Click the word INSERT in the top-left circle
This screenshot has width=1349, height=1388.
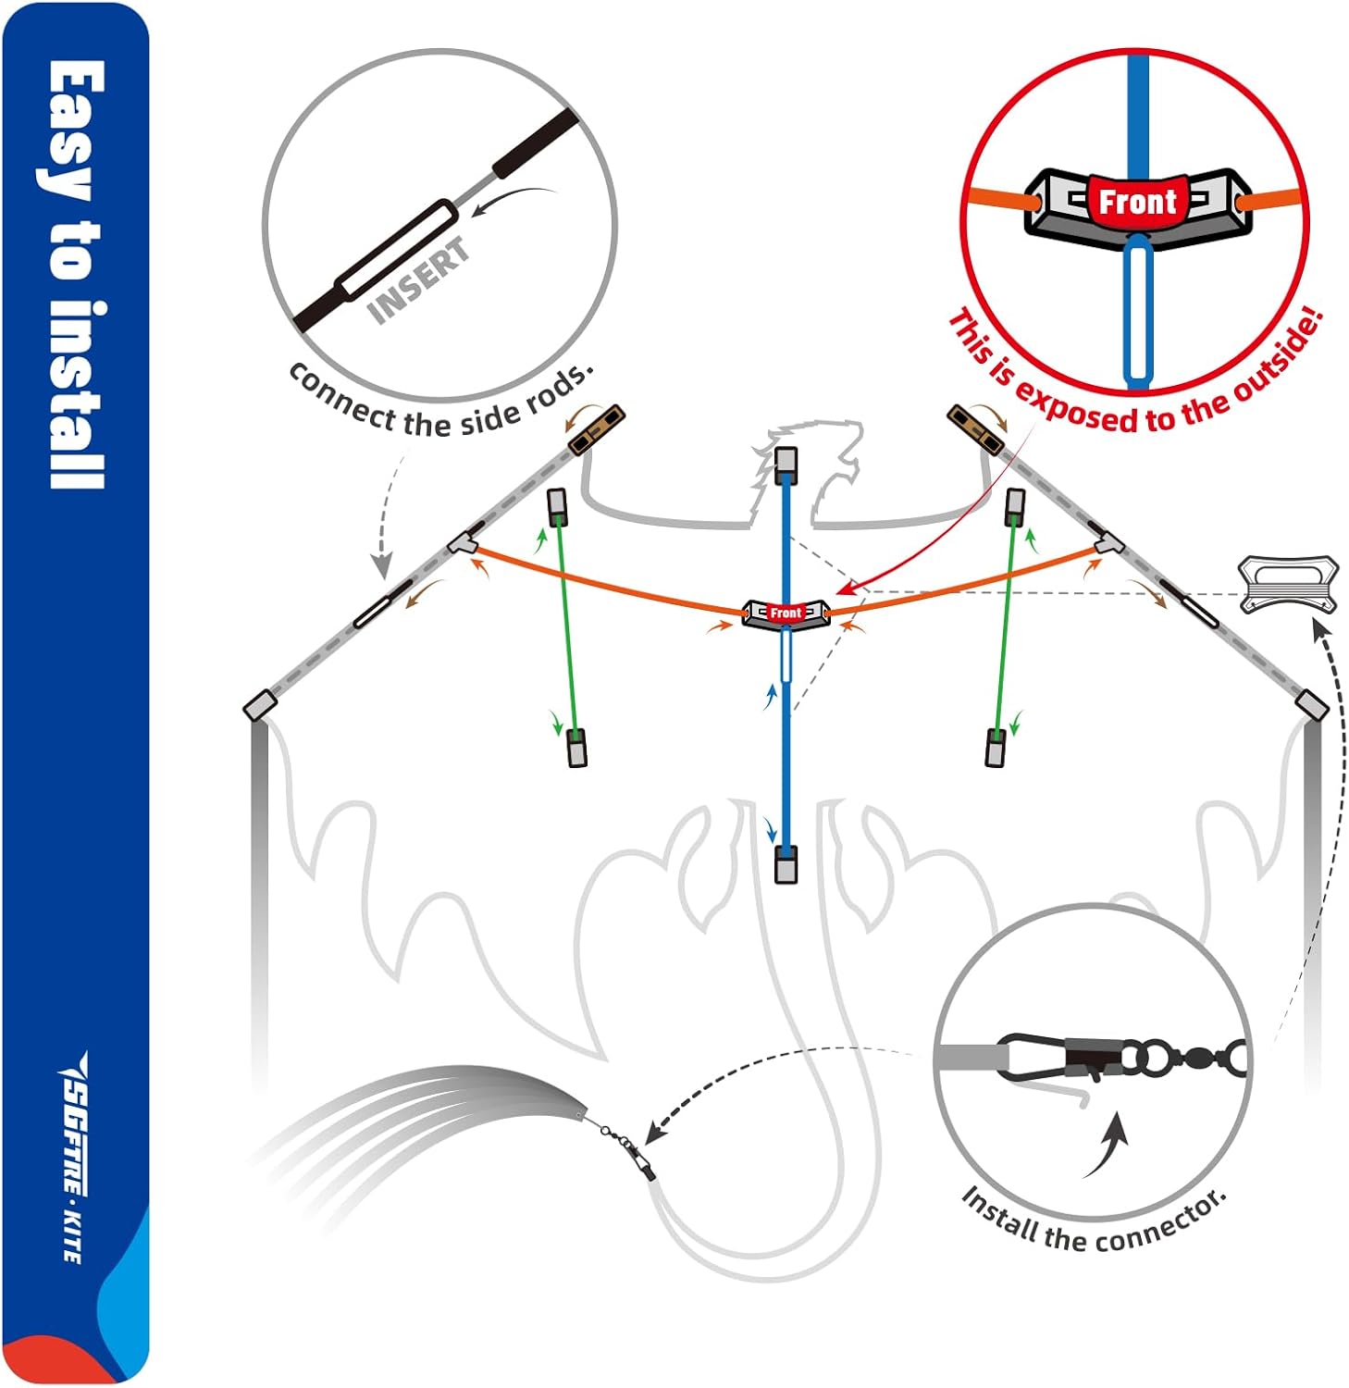[418, 281]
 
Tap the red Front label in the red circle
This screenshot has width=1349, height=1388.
[1136, 201]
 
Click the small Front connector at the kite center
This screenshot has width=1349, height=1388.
[786, 613]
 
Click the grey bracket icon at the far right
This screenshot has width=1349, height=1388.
[1287, 584]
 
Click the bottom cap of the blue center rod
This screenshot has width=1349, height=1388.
[786, 865]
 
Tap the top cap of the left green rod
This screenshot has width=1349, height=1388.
[557, 506]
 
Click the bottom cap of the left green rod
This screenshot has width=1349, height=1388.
[576, 748]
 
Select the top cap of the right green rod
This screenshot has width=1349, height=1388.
[1014, 504]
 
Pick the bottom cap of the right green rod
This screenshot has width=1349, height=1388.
[996, 748]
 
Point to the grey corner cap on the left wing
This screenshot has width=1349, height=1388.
[259, 705]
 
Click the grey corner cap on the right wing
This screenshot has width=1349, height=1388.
[1312, 704]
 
